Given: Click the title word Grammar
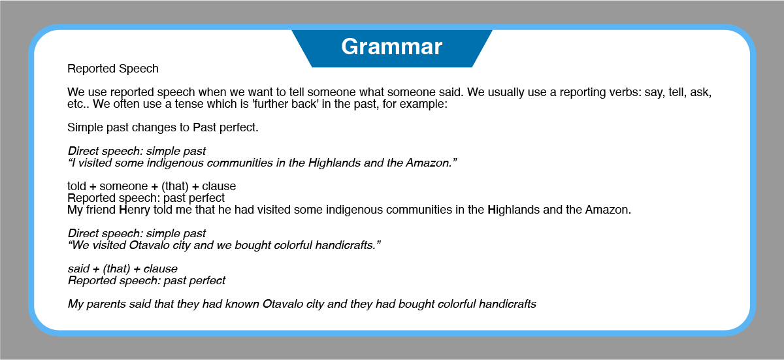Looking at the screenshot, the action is coord(391,47).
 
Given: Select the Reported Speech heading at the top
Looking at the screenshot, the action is coord(112,69).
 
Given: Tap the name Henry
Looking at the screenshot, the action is coord(135,210).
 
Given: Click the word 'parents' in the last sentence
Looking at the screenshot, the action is coord(106,304).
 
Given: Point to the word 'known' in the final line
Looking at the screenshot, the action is coord(242,304).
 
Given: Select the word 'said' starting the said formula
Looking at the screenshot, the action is coord(79,269).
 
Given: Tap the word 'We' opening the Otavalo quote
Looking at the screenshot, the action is coord(79,245).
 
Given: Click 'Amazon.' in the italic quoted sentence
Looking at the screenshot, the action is coord(431,163).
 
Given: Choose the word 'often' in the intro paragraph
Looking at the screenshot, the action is coord(125,104).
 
